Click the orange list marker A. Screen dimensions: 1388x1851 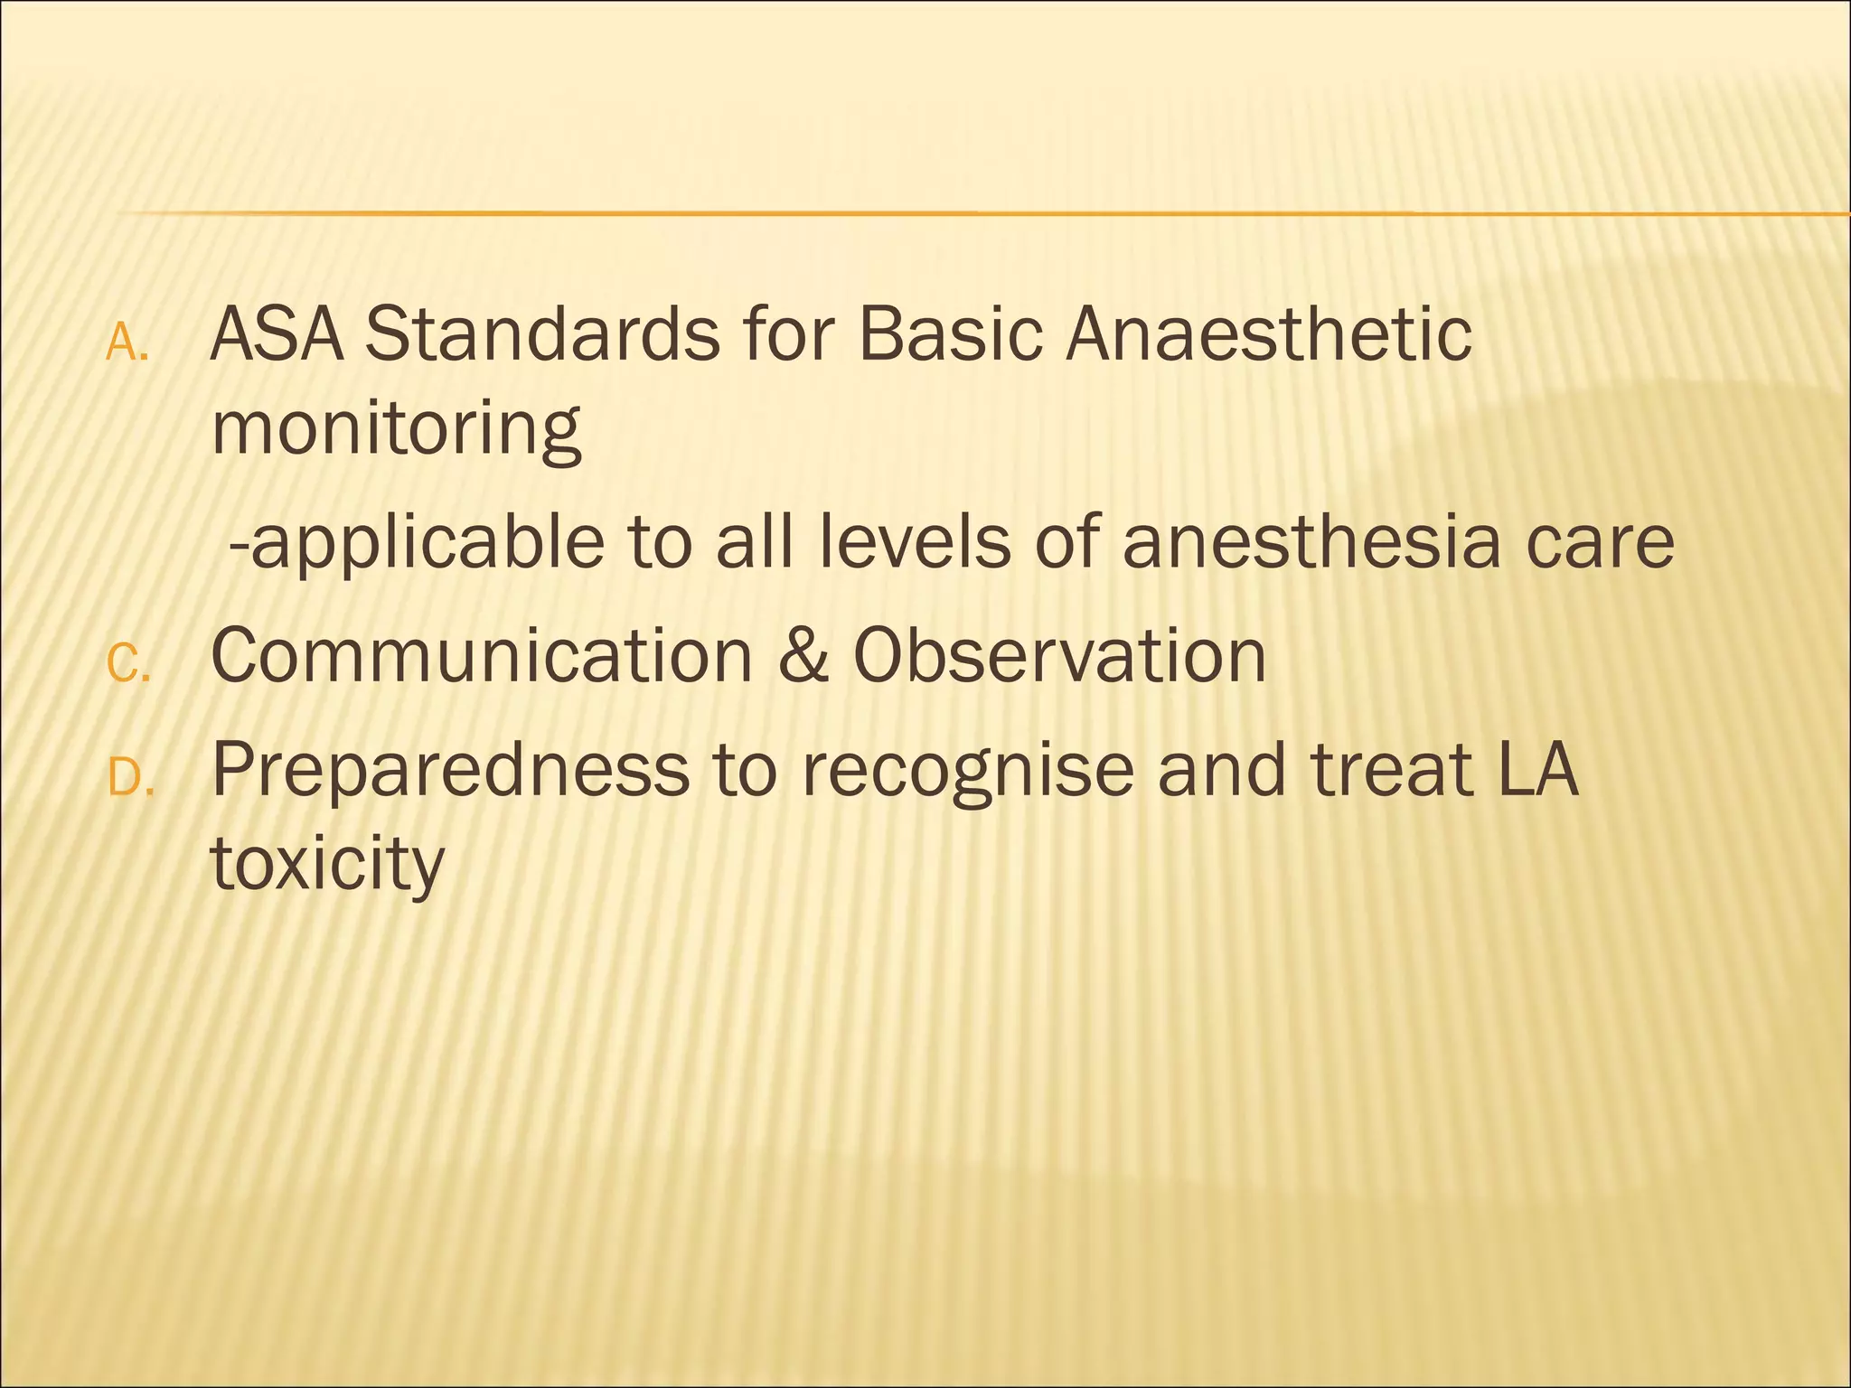(x=127, y=343)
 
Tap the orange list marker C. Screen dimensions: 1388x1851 (x=127, y=665)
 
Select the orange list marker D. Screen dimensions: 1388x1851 (x=130, y=778)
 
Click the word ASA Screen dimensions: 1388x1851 (x=277, y=334)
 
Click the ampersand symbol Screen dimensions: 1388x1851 (x=803, y=656)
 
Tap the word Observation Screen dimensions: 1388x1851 (x=1059, y=656)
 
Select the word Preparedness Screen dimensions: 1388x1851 (x=450, y=770)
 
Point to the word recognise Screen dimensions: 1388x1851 (x=967, y=772)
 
